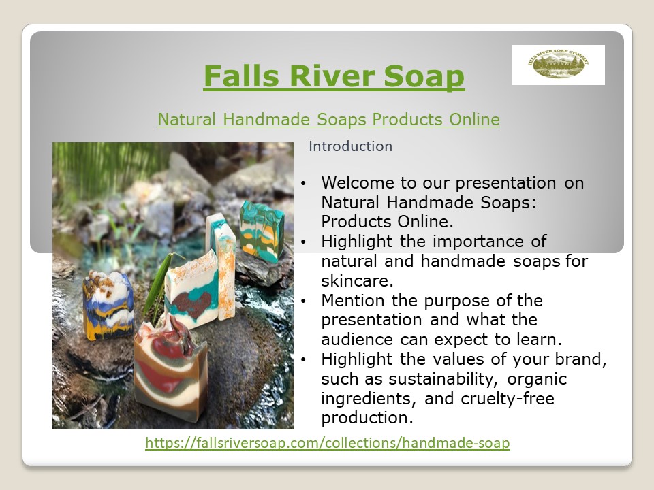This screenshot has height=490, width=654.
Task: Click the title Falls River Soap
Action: pos(334,76)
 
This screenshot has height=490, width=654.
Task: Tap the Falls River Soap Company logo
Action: pos(558,65)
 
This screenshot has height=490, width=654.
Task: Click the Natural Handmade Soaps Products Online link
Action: pos(328,120)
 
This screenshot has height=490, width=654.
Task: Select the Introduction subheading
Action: pos(350,146)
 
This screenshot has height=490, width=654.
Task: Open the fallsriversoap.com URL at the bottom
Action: pos(328,443)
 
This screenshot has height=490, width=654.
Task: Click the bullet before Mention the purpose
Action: pos(304,300)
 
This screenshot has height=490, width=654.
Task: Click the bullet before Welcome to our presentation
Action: pos(304,183)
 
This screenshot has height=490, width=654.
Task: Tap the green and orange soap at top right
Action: pos(262,232)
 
